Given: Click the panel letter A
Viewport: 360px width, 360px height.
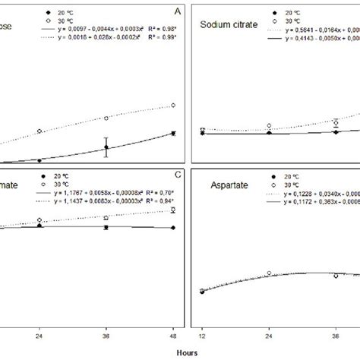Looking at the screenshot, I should [177, 12].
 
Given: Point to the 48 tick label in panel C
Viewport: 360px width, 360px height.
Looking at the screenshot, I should [173, 335].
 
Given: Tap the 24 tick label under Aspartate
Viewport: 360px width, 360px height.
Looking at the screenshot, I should [269, 335].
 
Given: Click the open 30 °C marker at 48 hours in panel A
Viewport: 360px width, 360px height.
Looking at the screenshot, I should [173, 106].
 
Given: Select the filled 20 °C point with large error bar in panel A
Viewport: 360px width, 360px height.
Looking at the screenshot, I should [106, 147].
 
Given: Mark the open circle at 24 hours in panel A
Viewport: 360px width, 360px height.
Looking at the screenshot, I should [39, 131].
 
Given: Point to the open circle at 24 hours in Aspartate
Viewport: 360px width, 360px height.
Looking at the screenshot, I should [269, 273].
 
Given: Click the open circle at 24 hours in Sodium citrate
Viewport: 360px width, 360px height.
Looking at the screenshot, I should [269, 126].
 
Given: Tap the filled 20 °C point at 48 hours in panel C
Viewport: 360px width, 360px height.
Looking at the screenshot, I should [173, 228].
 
